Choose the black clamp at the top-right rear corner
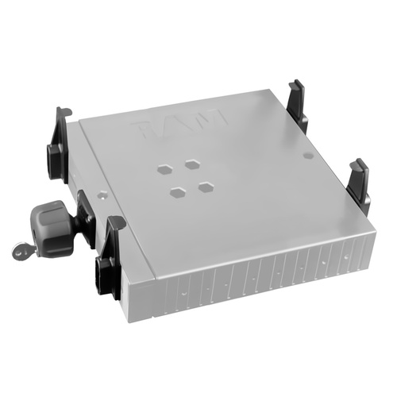(x=299, y=98)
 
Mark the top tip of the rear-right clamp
(x=296, y=81)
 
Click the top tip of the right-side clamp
(x=361, y=161)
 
